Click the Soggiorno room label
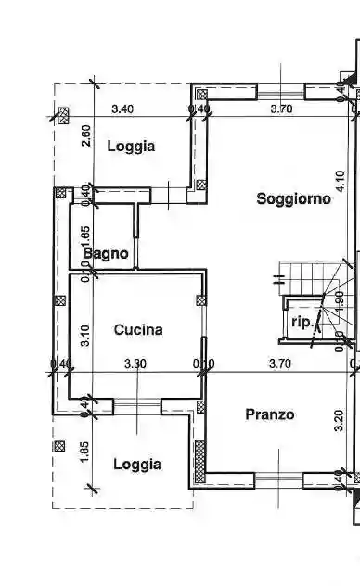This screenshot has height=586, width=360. point(293,197)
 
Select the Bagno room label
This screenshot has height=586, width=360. point(105,253)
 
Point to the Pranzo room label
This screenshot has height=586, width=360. point(270,414)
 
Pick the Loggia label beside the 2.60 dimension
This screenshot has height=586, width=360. point(130,146)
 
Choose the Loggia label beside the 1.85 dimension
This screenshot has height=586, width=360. point(137,464)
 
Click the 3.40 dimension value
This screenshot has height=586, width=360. point(122,108)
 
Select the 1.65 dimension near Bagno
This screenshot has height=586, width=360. point(85,239)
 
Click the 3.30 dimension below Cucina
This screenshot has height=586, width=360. point(135,363)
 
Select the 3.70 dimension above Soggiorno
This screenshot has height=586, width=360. point(281,108)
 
